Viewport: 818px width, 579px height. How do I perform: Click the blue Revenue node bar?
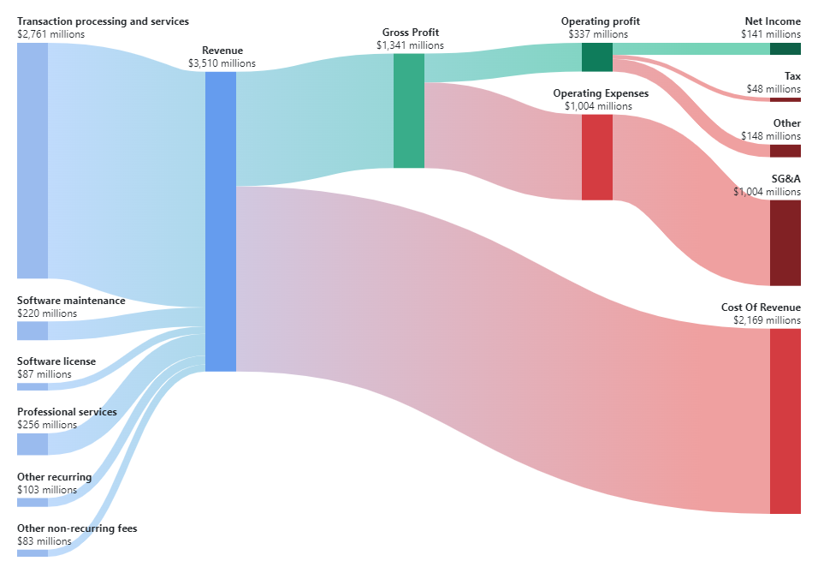coord(220,221)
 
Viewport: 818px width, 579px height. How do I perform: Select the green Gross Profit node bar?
coord(408,110)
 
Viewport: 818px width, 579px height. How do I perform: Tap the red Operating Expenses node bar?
coord(596,157)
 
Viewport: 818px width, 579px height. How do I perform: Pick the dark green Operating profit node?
coord(596,57)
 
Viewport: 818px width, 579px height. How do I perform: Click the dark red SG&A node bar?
coord(785,242)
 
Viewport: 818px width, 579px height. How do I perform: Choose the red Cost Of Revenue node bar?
coord(785,421)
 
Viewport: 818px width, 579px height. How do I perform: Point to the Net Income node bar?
coord(785,49)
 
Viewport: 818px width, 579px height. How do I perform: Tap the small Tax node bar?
coord(785,99)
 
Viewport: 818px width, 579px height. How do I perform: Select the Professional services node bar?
coord(32,444)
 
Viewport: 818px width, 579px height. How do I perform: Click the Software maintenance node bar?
coord(32,331)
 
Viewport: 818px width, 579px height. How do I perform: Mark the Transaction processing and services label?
coord(103,21)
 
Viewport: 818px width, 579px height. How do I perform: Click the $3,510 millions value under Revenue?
coord(222,63)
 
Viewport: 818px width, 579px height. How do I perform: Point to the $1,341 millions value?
coord(410,45)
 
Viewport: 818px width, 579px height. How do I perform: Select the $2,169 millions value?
coord(767,320)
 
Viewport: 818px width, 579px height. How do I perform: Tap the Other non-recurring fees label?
coord(77,528)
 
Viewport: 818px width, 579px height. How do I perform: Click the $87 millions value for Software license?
coord(44,374)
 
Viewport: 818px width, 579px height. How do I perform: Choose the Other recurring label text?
coord(54,477)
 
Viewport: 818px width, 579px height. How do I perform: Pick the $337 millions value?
coord(597,34)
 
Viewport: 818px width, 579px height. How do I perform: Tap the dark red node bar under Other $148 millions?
coord(785,151)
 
